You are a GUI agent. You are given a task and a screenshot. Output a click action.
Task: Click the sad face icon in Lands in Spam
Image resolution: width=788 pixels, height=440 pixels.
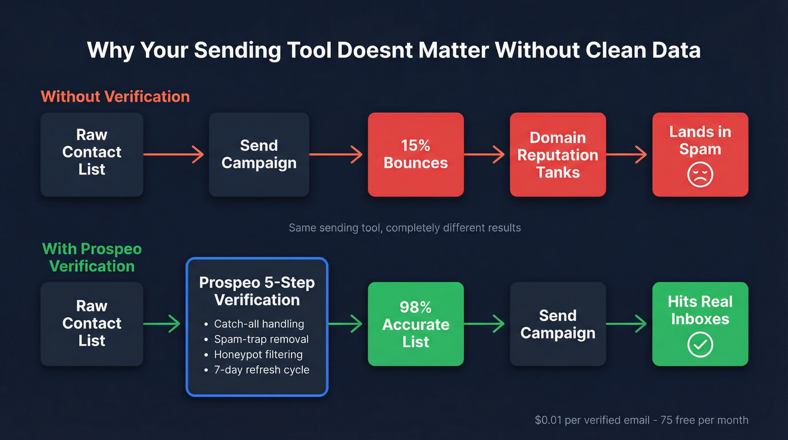pyautogui.click(x=700, y=175)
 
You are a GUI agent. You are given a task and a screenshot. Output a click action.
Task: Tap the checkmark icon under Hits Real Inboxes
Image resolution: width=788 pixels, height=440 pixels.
pyautogui.click(x=700, y=345)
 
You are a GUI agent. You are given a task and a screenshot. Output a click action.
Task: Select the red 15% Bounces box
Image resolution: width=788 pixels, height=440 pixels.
pyautogui.click(x=416, y=154)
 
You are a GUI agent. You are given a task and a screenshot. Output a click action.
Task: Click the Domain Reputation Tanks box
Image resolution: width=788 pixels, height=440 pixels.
pyautogui.click(x=558, y=154)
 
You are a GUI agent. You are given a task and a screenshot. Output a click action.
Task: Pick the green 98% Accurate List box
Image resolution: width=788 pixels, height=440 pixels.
pyautogui.click(x=416, y=324)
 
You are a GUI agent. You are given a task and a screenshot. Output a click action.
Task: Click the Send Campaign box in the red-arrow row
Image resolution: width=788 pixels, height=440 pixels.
pyautogui.click(x=259, y=154)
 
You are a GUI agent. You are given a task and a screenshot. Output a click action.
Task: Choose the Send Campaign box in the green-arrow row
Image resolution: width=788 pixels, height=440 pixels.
pyautogui.click(x=558, y=324)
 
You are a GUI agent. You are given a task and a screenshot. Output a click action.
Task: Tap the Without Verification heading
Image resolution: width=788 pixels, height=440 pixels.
pyautogui.click(x=115, y=96)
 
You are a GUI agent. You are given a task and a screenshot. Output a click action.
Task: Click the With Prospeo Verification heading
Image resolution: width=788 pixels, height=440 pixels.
pyautogui.click(x=92, y=257)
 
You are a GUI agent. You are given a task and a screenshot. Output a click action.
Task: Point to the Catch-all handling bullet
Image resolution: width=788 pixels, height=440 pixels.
pyautogui.click(x=259, y=324)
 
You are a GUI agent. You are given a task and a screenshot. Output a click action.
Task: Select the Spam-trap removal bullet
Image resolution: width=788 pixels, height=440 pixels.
pyautogui.click(x=261, y=339)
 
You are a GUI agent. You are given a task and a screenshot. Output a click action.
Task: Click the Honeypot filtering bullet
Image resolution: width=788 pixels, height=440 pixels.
pyautogui.click(x=258, y=354)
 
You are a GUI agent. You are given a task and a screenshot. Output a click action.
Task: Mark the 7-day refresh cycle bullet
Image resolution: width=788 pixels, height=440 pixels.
pyautogui.click(x=262, y=370)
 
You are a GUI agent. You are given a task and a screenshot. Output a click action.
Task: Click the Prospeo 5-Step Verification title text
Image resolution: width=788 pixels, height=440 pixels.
pyautogui.click(x=257, y=291)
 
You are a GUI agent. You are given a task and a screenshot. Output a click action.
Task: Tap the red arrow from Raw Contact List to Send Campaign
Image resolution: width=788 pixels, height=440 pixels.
pyautogui.click(x=174, y=154)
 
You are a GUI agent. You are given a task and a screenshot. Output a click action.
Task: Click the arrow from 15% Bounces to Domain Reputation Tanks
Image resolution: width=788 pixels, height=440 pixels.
pyautogui.click(x=485, y=154)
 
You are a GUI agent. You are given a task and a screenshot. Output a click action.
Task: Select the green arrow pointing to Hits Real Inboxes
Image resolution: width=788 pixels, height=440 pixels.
pyautogui.click(x=627, y=324)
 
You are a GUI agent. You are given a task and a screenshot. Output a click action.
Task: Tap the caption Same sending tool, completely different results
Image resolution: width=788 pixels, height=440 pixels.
pyautogui.click(x=405, y=228)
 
